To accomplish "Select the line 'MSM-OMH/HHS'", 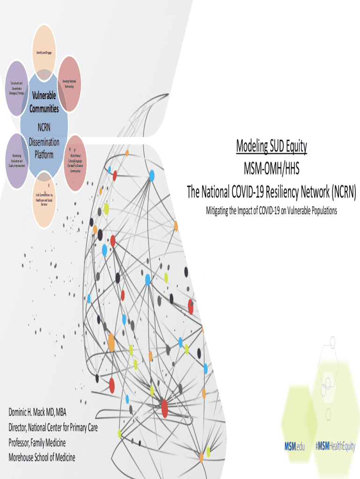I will [x=271, y=168].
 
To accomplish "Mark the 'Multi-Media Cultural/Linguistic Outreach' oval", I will [x=75, y=163].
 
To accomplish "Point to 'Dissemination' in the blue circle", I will [x=44, y=142].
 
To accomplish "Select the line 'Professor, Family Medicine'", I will [x=37, y=442].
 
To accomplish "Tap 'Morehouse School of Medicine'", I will [x=42, y=457].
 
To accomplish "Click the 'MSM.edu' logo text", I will [x=295, y=446].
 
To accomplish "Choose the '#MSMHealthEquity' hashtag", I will [x=335, y=446].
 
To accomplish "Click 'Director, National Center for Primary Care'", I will [x=53, y=427].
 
